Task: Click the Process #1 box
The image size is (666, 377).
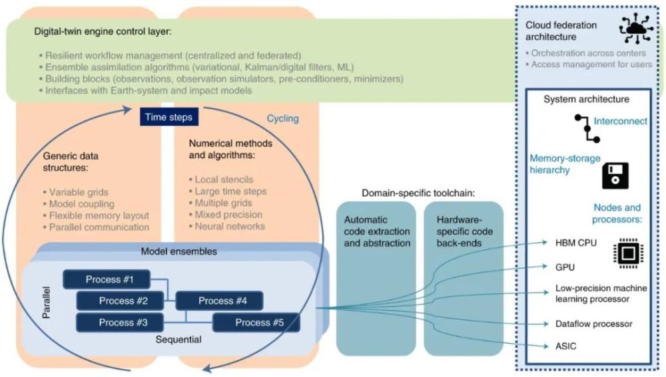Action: [106, 279]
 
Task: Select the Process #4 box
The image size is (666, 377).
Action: [219, 301]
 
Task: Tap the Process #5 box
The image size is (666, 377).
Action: [256, 322]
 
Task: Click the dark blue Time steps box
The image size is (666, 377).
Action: [166, 117]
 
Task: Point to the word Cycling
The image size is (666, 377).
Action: [282, 118]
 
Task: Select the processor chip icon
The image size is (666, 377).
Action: [624, 253]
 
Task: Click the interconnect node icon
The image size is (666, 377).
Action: [587, 128]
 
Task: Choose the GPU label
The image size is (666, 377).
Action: [565, 267]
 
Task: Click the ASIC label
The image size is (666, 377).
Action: [567, 346]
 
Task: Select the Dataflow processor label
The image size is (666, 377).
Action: [593, 324]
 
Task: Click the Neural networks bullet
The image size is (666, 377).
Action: [230, 226]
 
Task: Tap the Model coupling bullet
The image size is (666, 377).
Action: [81, 203]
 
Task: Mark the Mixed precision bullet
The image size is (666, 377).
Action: [228, 215]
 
